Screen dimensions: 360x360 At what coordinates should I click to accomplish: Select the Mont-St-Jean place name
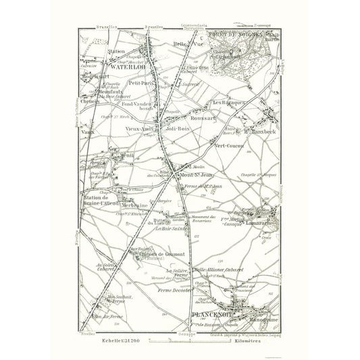coord(196,177)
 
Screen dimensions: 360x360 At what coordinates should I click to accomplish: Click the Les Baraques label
coord(228,102)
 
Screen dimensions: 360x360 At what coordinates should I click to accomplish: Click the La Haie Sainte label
coord(171,229)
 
